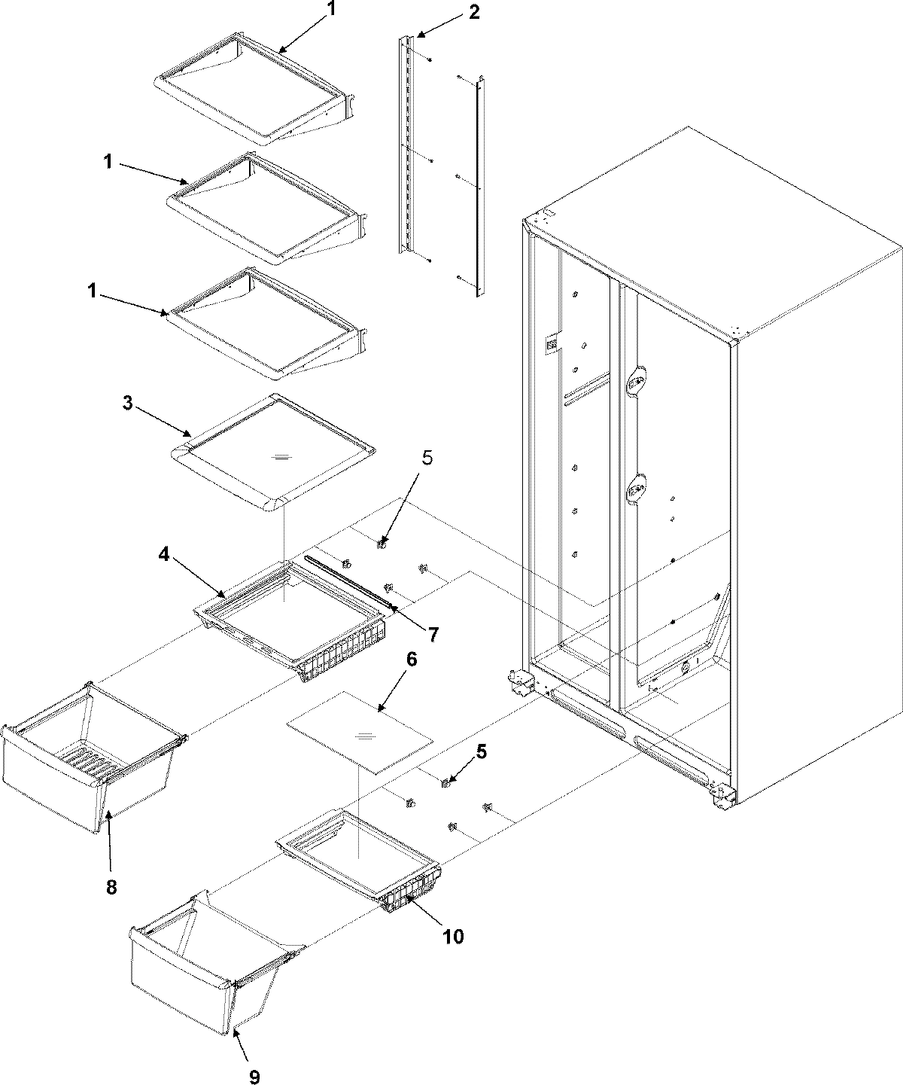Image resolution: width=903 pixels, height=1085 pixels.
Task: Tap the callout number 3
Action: coord(128,404)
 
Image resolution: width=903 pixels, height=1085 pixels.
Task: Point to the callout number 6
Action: coord(411,659)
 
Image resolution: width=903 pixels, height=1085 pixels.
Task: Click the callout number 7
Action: coord(433,634)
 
